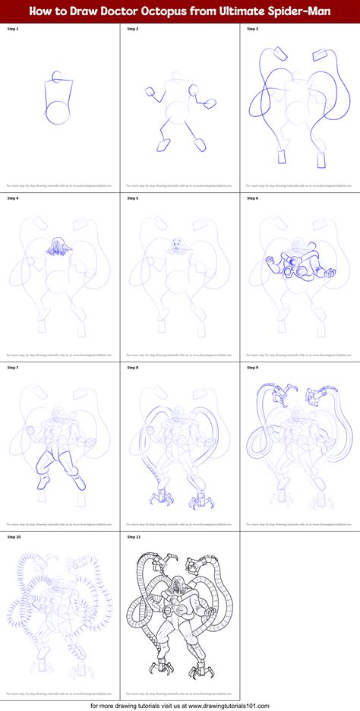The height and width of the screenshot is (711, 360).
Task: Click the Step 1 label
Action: point(12,28)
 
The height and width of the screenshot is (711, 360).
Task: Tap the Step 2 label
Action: point(132,28)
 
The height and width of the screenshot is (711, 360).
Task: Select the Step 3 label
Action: point(252,28)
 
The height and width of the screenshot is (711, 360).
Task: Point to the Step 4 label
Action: point(12,198)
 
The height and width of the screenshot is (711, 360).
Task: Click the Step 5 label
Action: point(132,198)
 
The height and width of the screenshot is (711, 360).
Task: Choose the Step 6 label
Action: point(252,198)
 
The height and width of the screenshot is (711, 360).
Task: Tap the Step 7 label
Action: point(12,368)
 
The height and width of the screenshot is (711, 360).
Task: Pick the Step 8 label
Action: point(132,368)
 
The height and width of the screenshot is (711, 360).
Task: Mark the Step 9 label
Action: point(252,368)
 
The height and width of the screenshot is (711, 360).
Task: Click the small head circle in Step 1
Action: point(55,77)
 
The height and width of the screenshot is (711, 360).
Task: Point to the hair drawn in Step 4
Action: point(55,245)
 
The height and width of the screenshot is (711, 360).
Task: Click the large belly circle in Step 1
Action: point(58,112)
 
